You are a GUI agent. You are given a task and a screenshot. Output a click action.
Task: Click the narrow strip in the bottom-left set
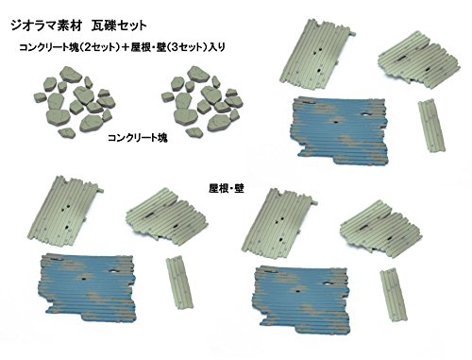[x=177, y=280]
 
